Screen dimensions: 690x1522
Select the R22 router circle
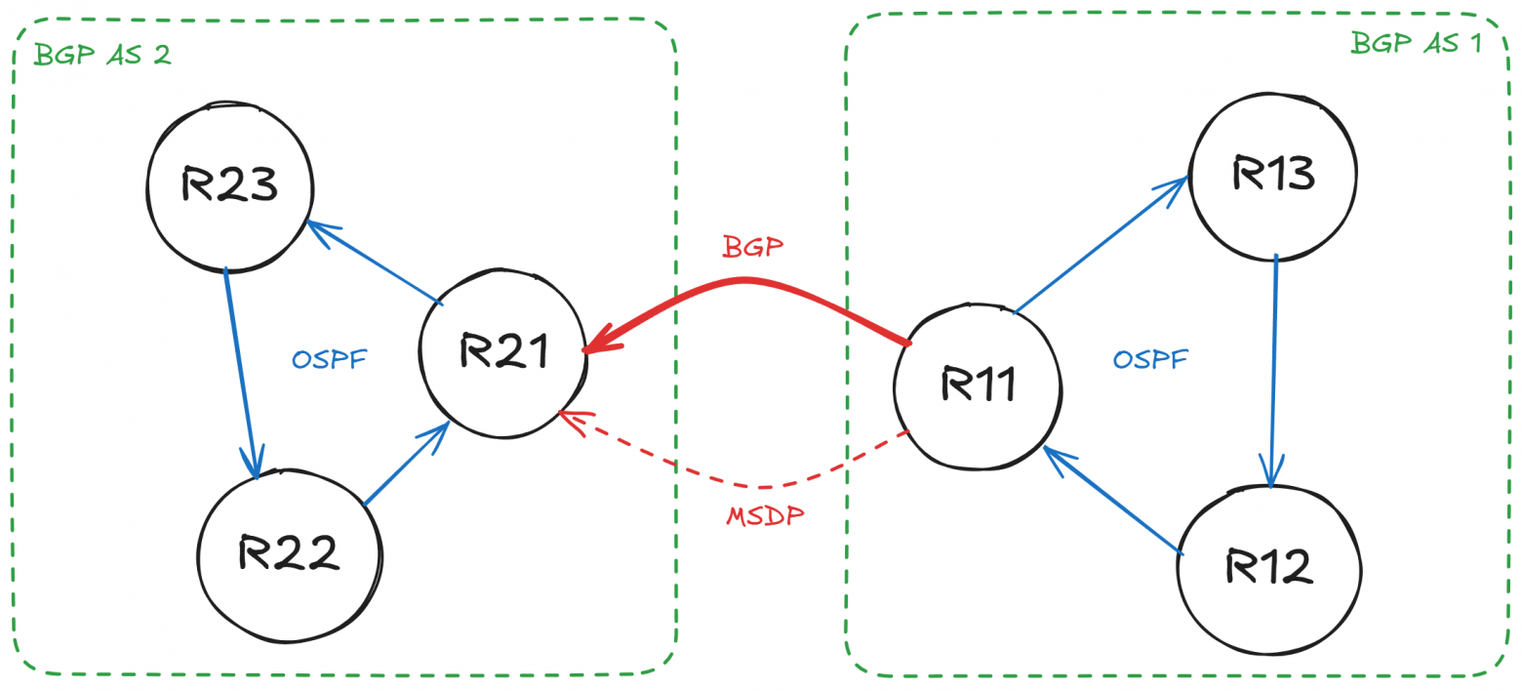pos(288,553)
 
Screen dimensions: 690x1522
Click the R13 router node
pos(1272,174)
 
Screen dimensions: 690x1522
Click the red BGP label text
pos(752,246)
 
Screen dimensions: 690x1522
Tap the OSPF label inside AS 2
pos(329,359)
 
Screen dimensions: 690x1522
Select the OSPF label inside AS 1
pos(1151,360)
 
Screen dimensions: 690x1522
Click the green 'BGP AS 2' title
pos(102,54)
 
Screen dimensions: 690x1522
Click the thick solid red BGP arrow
pos(746,284)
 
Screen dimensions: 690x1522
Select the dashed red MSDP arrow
pos(751,483)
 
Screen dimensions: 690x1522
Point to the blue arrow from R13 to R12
pos(1272,371)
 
